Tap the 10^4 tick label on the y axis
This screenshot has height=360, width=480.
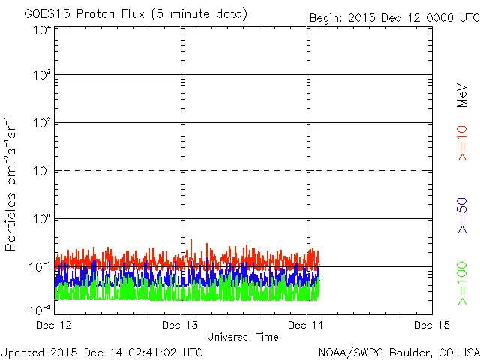tap(42, 30)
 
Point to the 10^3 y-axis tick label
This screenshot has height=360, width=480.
tap(42, 75)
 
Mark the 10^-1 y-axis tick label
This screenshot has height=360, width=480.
tap(40, 266)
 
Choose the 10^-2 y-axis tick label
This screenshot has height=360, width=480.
tap(40, 309)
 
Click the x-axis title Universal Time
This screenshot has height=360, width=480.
tap(243, 337)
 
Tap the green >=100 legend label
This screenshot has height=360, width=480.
tap(463, 283)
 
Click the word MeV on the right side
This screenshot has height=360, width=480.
tap(463, 95)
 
